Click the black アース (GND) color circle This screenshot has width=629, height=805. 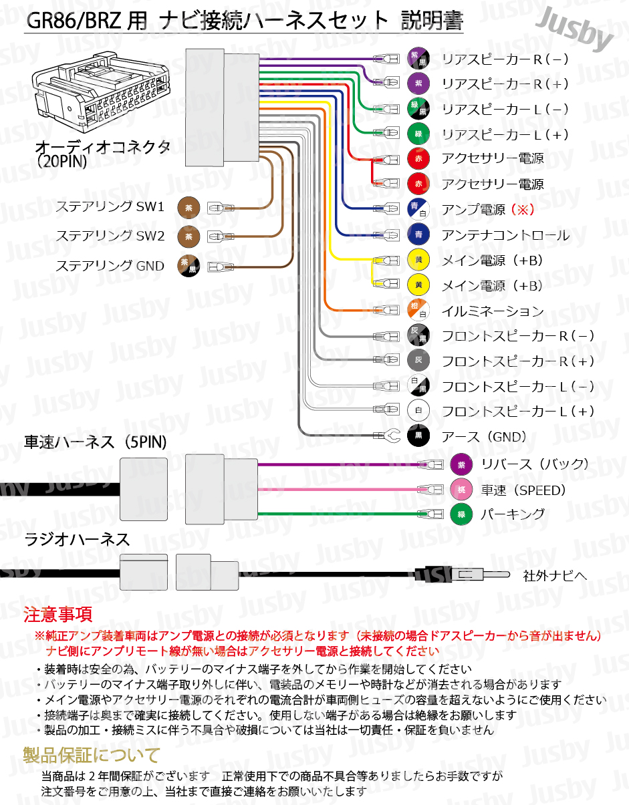[x=418, y=436]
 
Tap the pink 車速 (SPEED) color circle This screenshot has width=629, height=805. [x=461, y=490]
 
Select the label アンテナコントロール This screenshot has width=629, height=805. [x=505, y=235]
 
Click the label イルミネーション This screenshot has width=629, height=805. [x=493, y=311]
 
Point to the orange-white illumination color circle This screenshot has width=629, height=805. [x=418, y=311]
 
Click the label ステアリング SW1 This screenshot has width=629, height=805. [x=110, y=207]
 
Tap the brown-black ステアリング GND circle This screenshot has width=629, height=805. [x=188, y=266]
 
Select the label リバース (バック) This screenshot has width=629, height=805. [x=534, y=464]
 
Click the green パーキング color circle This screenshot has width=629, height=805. [x=461, y=514]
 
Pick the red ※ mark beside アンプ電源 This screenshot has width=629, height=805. [x=522, y=210]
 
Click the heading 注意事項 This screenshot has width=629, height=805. [x=58, y=614]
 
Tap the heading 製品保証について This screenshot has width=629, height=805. [x=92, y=756]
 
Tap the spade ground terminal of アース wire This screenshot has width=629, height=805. [x=390, y=436]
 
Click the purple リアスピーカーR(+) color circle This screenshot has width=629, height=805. [x=418, y=84]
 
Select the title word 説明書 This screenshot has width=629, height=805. [x=432, y=21]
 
